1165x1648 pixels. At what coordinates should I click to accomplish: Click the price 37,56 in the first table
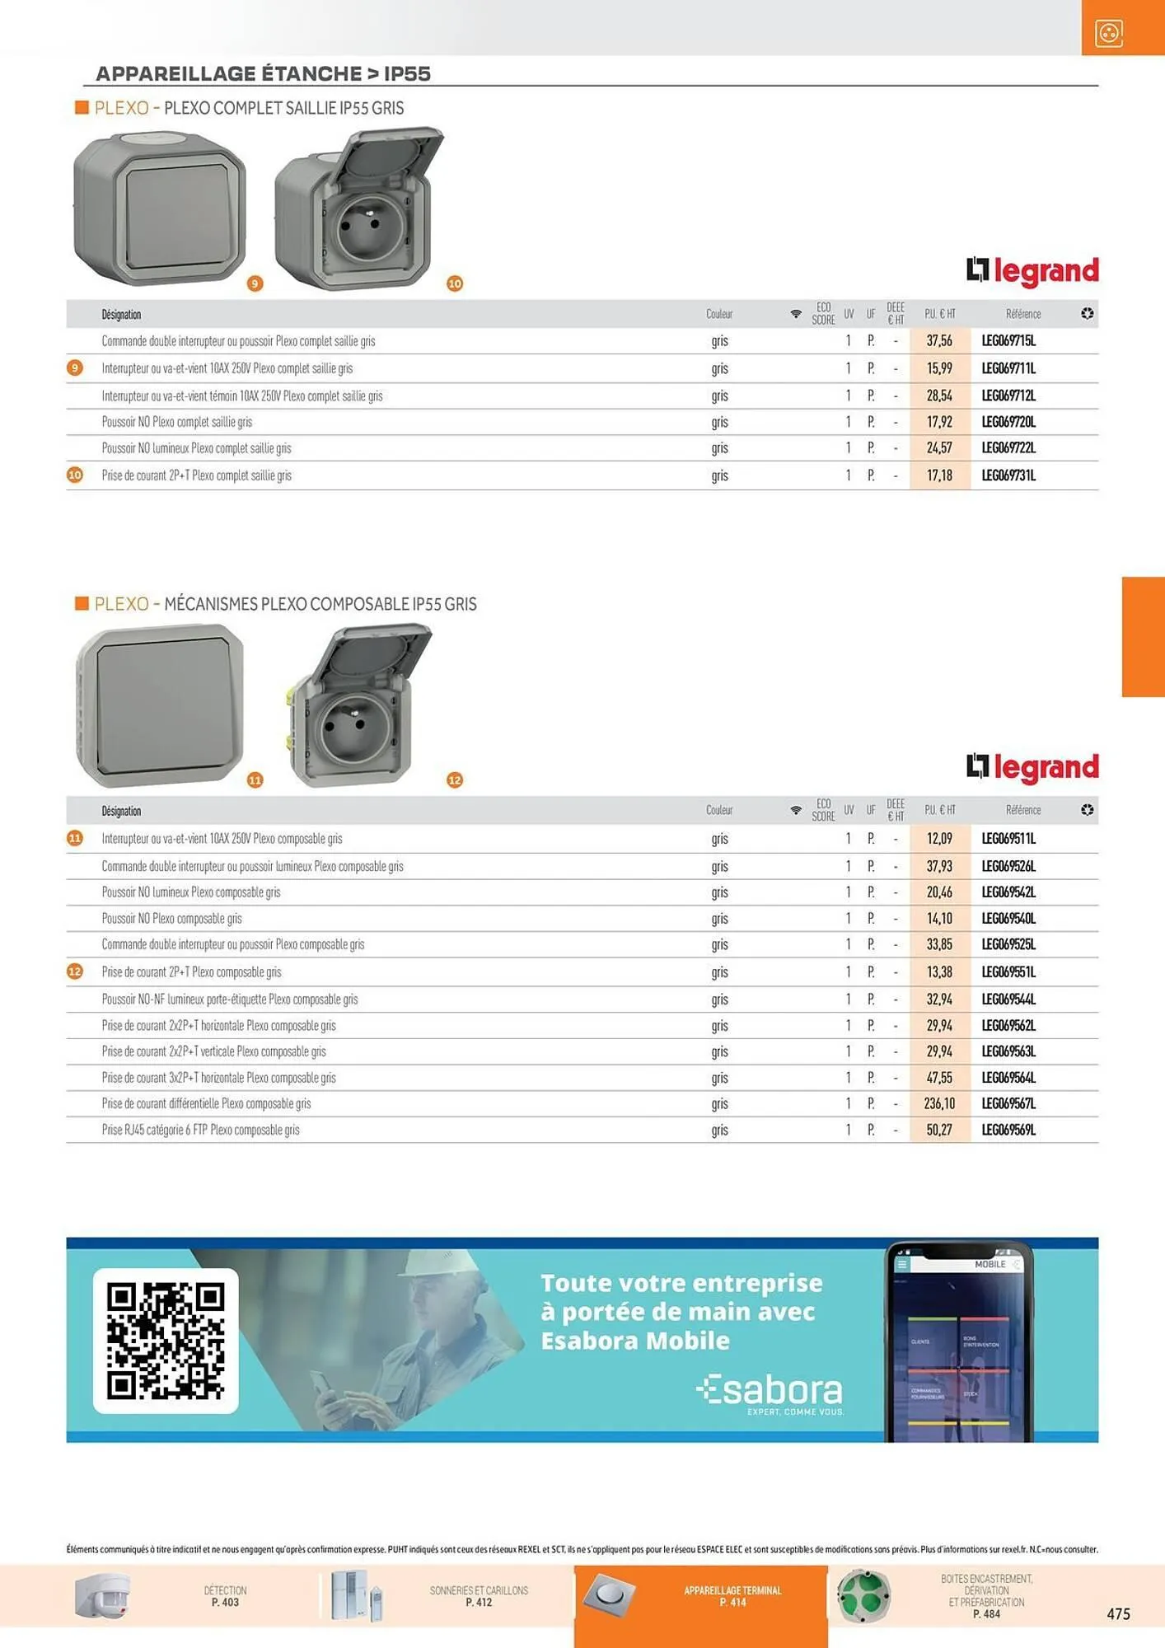[x=939, y=341]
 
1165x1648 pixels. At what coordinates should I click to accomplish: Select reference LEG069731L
[x=1008, y=475]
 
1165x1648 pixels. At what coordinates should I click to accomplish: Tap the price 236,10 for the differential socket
[x=939, y=1103]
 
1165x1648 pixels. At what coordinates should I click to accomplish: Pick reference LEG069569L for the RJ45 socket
[x=1008, y=1130]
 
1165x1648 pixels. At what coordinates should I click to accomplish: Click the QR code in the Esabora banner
[x=166, y=1341]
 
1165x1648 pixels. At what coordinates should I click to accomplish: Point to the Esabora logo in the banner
[x=770, y=1392]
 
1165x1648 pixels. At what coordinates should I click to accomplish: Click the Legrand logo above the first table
[x=1032, y=270]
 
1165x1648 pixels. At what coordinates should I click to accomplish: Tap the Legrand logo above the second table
[x=1032, y=766]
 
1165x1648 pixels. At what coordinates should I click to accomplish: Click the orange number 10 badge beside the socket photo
[x=455, y=283]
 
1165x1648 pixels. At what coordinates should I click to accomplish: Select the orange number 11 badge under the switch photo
[x=255, y=780]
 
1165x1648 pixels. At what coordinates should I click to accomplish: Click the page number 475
[x=1118, y=1613]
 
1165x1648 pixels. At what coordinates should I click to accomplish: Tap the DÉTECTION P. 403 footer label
[x=225, y=1596]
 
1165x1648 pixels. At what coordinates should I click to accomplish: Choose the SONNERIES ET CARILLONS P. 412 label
[x=479, y=1596]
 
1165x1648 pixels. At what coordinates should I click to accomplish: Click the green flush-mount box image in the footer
[x=863, y=1596]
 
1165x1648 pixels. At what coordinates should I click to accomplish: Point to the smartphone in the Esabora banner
[x=959, y=1341]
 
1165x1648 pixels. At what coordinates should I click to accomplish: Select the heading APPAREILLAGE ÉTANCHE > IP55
[x=264, y=73]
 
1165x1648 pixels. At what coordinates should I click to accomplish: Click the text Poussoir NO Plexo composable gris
[x=171, y=919]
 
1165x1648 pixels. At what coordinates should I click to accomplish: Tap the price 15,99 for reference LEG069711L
[x=939, y=368]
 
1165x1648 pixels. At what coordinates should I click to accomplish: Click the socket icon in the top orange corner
[x=1109, y=33]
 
